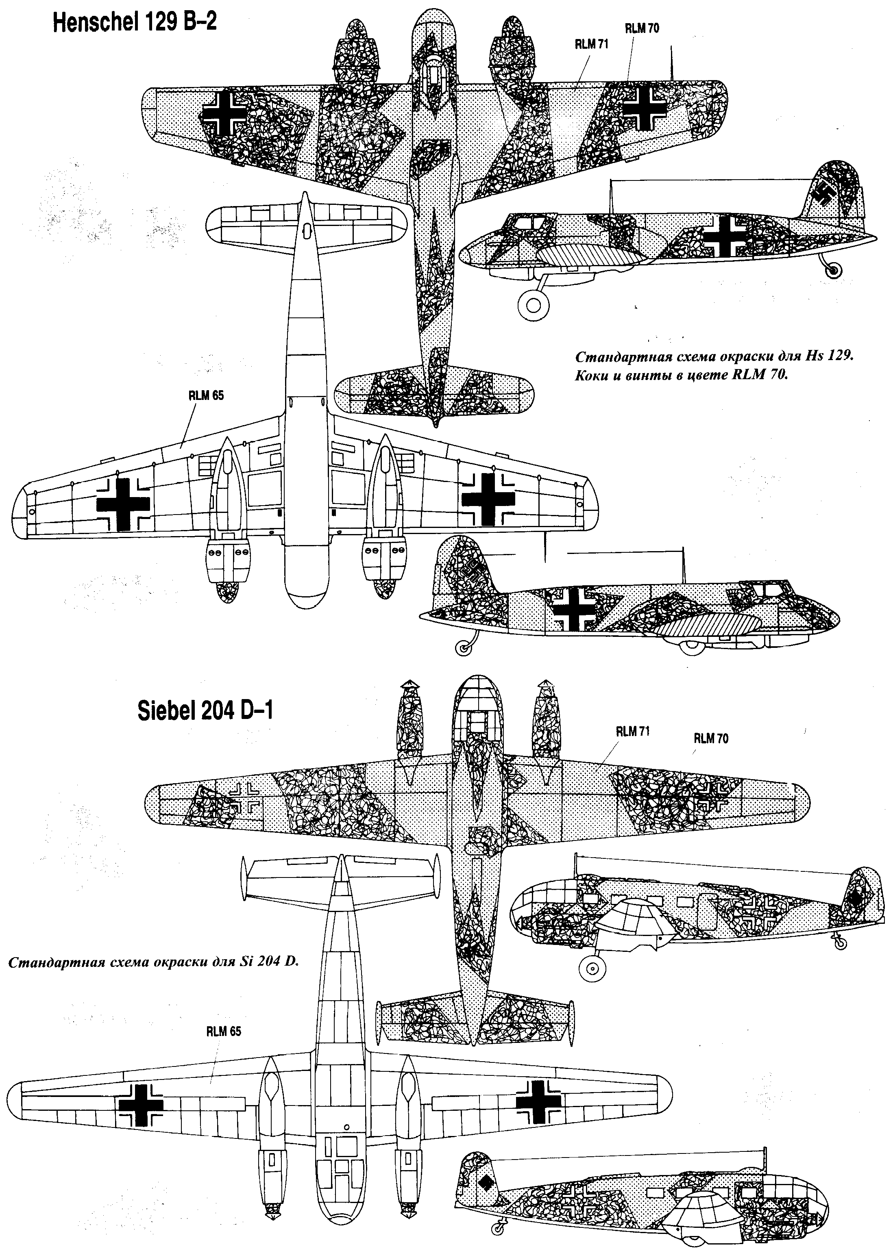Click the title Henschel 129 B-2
[134, 24]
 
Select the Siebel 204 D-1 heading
[205, 712]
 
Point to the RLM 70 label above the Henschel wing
[642, 28]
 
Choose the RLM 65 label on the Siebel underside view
[224, 1032]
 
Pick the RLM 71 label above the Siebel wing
[633, 731]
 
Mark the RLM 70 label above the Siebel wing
[711, 738]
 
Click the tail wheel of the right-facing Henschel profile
[463, 648]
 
